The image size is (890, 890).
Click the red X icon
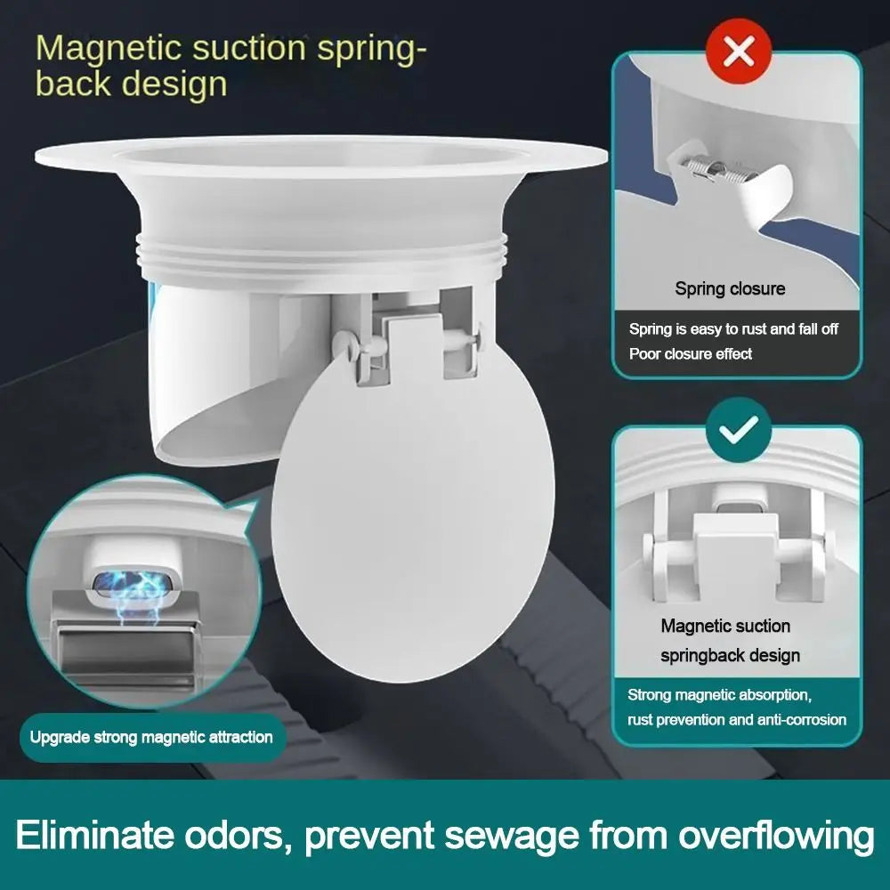(739, 53)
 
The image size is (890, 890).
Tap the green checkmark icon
(738, 429)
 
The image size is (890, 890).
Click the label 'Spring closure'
(730, 288)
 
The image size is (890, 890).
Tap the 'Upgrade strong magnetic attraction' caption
(151, 737)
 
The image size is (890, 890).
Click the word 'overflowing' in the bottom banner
(773, 837)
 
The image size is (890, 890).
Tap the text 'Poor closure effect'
(690, 353)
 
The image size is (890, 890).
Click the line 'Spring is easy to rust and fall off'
(733, 329)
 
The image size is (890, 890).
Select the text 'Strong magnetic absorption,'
(719, 694)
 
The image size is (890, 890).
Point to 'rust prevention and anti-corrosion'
(737, 719)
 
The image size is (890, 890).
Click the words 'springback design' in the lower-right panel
(730, 655)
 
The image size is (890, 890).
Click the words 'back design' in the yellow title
(131, 85)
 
